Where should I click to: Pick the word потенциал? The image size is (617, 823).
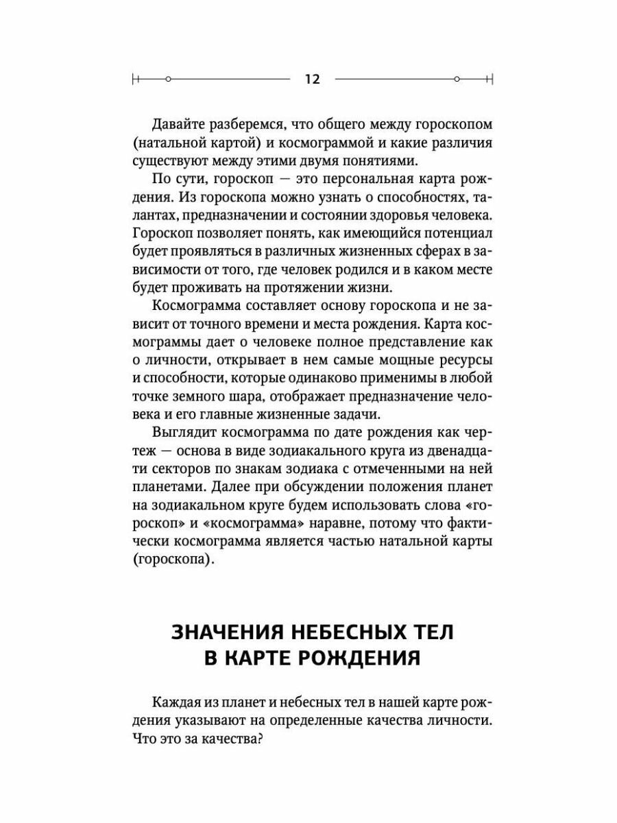click(x=455, y=234)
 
